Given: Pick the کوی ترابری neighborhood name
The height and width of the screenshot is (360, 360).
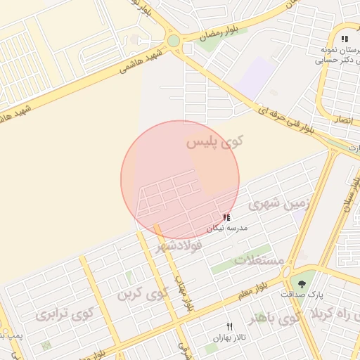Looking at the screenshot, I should pos(60,314).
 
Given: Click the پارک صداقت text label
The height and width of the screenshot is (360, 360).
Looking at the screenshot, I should pos(303,294).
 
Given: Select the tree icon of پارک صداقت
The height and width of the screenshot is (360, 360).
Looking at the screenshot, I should pos(302,283).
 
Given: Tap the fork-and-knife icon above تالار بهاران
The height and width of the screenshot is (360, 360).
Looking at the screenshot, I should pos(229,326).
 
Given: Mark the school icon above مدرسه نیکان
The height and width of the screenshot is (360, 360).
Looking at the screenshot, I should pos(226,218).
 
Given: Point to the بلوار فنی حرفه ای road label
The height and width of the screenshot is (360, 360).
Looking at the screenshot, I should pos(275,115).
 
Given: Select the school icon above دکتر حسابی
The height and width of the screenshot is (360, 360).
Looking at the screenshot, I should pos(344,39).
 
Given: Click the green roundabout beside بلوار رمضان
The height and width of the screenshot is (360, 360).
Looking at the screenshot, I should pos(174,41).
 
